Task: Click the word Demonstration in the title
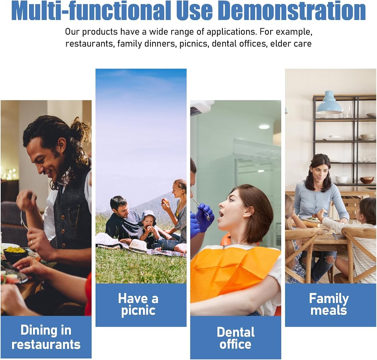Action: (x=293, y=11)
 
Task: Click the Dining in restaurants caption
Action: (x=46, y=337)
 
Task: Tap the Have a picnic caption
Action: (x=138, y=305)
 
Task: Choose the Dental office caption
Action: (x=236, y=338)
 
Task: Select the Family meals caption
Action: (x=329, y=304)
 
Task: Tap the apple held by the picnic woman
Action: (x=165, y=201)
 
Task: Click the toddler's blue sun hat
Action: (x=148, y=217)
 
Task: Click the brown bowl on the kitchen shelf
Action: (x=367, y=180)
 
